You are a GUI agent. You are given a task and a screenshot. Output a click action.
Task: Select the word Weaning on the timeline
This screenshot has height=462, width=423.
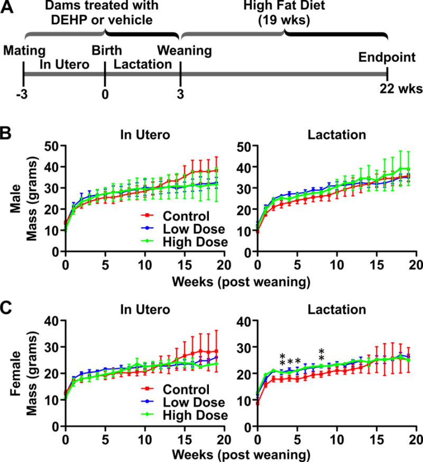pos(184,51)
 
